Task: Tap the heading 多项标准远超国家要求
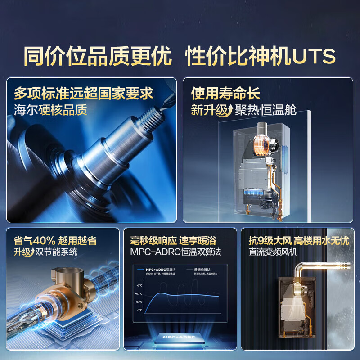(84, 94)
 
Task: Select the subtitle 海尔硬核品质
(50, 110)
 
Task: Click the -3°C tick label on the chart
(139, 310)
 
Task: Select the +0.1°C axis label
(139, 294)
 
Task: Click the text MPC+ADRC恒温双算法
(175, 252)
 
